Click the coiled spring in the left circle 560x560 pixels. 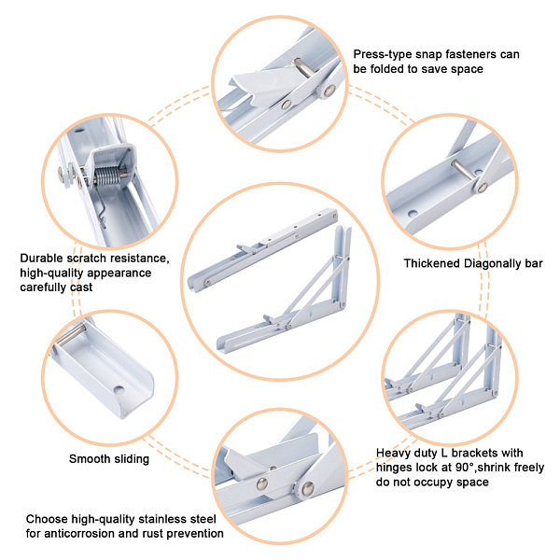(106, 176)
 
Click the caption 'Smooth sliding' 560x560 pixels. (109, 459)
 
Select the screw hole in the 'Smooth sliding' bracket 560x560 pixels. (119, 390)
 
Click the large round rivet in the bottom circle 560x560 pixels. (308, 488)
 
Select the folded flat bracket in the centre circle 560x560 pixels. (262, 249)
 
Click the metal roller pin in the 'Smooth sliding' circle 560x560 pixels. (72, 335)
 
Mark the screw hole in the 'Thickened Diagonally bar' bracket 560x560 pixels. (413, 214)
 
